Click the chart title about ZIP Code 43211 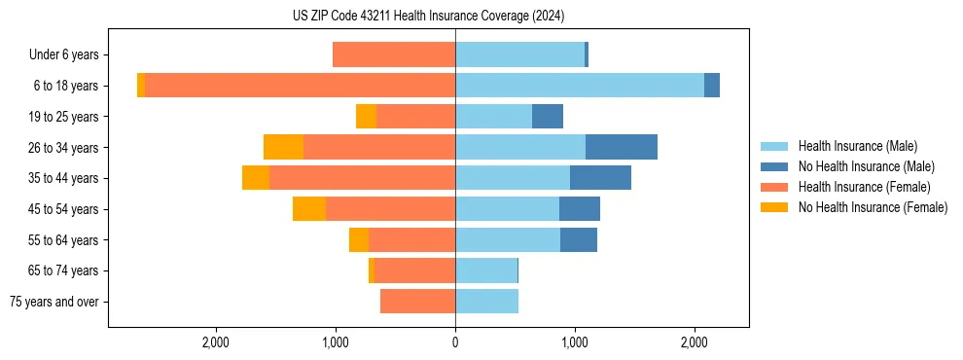click(428, 16)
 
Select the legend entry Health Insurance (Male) click(857, 146)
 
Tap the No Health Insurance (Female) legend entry click(872, 207)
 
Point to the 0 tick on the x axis click(455, 342)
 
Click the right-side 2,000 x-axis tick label click(695, 342)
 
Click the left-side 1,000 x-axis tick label click(336, 342)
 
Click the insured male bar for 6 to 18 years click(580, 86)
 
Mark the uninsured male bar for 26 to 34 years click(622, 147)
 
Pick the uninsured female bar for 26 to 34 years click(283, 147)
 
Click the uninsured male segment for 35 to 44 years click(600, 178)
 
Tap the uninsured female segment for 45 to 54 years click(309, 209)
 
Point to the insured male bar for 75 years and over click(486, 302)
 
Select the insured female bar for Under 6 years click(394, 54)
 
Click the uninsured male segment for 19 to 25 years click(548, 117)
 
